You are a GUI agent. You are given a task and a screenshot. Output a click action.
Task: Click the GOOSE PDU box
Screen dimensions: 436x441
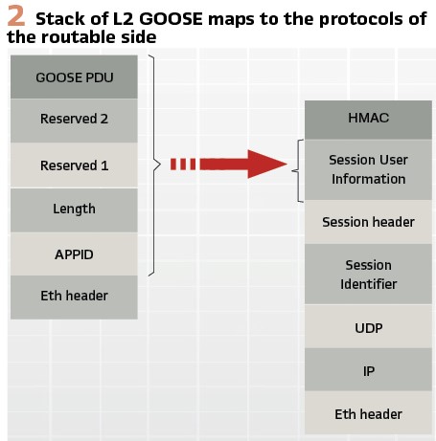74,77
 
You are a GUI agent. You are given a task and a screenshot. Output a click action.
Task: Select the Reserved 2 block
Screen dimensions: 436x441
74,121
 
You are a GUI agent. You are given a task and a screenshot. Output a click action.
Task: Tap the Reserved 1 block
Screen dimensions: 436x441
74,165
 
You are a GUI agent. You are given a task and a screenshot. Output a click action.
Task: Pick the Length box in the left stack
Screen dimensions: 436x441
74,209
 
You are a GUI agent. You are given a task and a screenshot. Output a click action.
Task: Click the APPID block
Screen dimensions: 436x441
74,254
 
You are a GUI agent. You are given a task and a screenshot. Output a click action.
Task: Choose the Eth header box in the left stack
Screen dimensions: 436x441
74,298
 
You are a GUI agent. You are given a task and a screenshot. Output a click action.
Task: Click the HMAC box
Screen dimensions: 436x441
368,120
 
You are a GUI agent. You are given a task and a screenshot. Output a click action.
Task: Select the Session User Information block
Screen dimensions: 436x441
368,169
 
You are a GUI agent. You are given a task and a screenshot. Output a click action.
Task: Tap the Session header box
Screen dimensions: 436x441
368,222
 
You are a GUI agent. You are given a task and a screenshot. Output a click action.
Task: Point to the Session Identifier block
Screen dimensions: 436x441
368,275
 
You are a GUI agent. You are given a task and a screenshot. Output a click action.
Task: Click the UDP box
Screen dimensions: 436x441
368,326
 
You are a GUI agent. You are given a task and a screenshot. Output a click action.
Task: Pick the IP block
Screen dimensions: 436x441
368,369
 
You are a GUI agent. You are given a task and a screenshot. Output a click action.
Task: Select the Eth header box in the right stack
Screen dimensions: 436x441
368,412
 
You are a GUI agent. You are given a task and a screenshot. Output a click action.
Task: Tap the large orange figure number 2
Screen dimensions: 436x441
16,16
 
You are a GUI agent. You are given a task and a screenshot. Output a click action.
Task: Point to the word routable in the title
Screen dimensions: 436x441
80,37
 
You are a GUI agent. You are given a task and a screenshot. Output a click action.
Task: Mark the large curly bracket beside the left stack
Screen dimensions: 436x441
154,165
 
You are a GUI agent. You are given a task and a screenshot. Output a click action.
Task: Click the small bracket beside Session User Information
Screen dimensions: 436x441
298,170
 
